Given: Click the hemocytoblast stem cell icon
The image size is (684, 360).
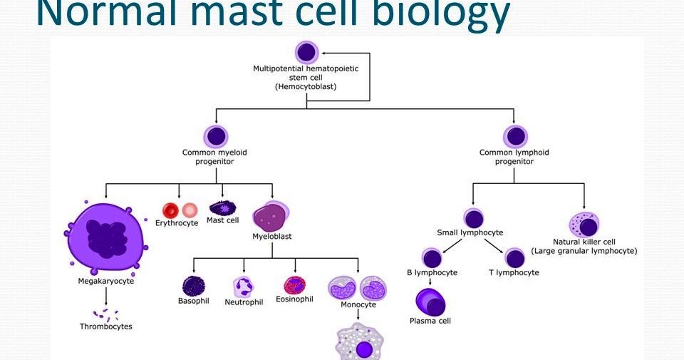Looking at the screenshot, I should [306, 52].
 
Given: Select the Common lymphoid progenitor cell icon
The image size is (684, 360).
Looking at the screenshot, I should [514, 135].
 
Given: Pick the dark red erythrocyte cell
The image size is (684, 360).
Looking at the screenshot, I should [170, 210].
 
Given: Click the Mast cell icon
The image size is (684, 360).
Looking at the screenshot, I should [222, 208].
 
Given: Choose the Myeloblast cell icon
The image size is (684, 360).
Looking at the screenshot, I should [271, 215].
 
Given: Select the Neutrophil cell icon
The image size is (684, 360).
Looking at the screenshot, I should [244, 287].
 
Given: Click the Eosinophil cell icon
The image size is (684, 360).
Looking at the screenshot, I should [294, 285].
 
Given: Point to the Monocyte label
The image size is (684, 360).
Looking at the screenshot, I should [358, 304].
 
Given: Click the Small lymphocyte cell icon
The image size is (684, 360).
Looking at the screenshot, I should [474, 218].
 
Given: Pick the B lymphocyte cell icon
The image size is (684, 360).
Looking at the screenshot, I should [431, 259].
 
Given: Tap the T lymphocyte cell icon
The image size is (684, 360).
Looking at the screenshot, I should [514, 259].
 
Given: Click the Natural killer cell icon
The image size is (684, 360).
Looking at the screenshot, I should [584, 225].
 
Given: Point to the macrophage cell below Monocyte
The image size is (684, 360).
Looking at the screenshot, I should [363, 345].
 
